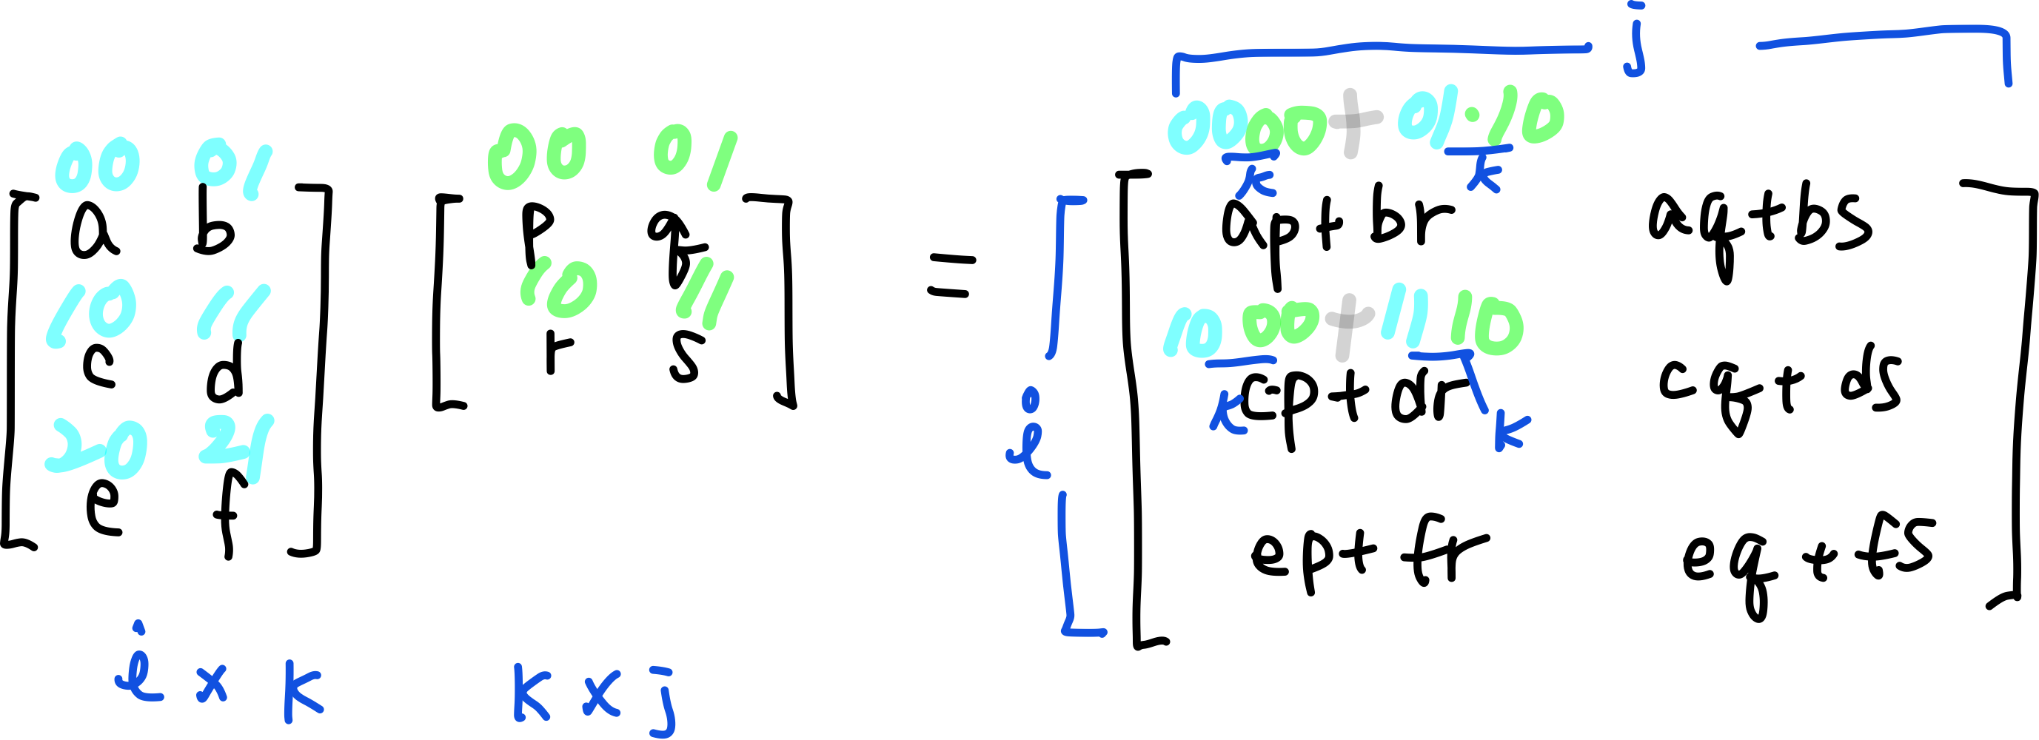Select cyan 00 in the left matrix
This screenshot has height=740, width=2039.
point(97,168)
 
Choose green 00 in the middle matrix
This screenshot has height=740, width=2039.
point(538,156)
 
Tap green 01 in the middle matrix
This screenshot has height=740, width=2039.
point(695,158)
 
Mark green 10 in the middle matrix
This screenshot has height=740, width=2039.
point(560,288)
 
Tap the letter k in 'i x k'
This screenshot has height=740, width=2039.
point(301,692)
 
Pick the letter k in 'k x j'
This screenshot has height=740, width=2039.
point(530,692)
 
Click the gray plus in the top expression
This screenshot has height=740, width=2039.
point(1353,123)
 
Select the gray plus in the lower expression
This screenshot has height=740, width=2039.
point(1342,326)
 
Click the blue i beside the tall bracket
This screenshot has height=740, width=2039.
point(1029,440)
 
